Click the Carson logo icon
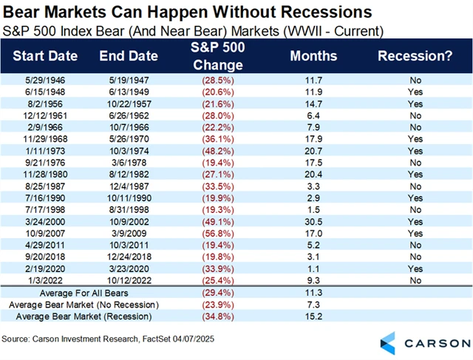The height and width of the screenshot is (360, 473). pyautogui.click(x=390, y=342)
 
